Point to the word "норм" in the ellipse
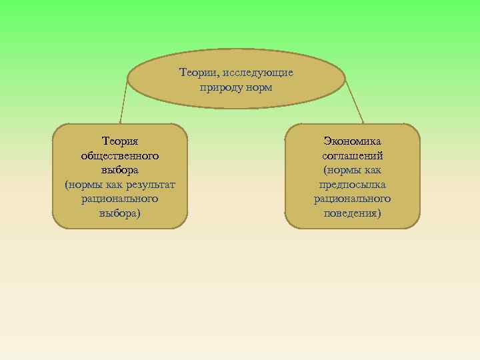(x=259, y=87)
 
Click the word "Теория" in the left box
(x=120, y=141)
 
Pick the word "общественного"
(x=120, y=155)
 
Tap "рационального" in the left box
(x=120, y=199)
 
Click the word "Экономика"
(x=352, y=141)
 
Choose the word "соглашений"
(x=352, y=155)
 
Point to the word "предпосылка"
(x=352, y=184)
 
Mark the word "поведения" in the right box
(x=351, y=213)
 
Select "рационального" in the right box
(x=352, y=199)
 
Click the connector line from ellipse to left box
(x=124, y=100)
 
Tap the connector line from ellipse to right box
(x=354, y=103)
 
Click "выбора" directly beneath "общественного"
(x=120, y=170)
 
